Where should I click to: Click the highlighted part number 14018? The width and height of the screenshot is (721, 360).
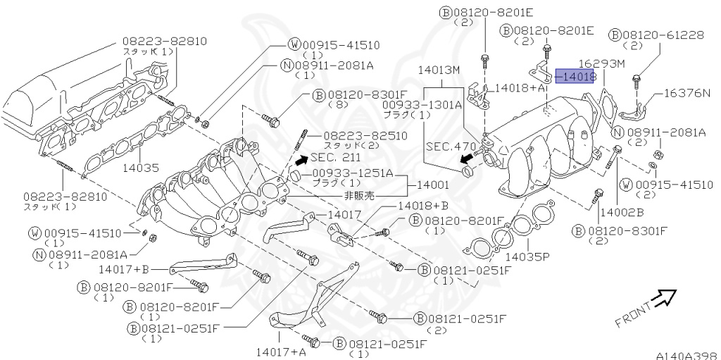577,75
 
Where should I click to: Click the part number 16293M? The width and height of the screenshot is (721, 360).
602,64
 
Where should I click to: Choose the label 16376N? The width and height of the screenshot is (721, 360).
686,92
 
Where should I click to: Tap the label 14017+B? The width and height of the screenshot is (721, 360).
125,268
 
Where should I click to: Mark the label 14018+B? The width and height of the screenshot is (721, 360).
423,205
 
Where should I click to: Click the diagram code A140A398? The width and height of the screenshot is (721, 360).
686,355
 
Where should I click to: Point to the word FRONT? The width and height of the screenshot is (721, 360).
632,315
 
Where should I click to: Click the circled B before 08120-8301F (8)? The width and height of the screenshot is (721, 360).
318,94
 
